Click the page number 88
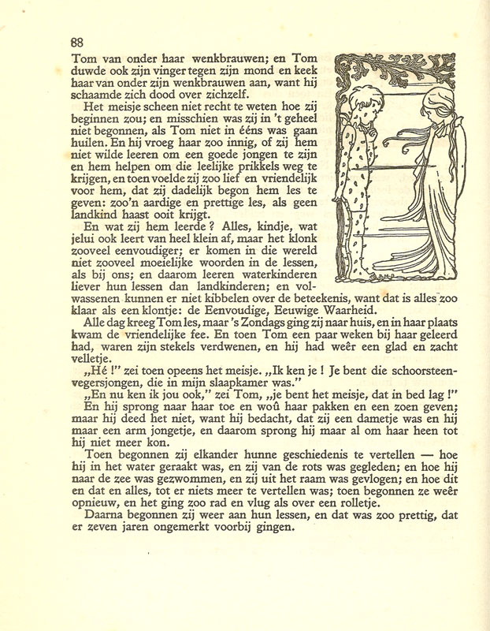tap(76, 43)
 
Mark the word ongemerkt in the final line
tap(183, 528)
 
